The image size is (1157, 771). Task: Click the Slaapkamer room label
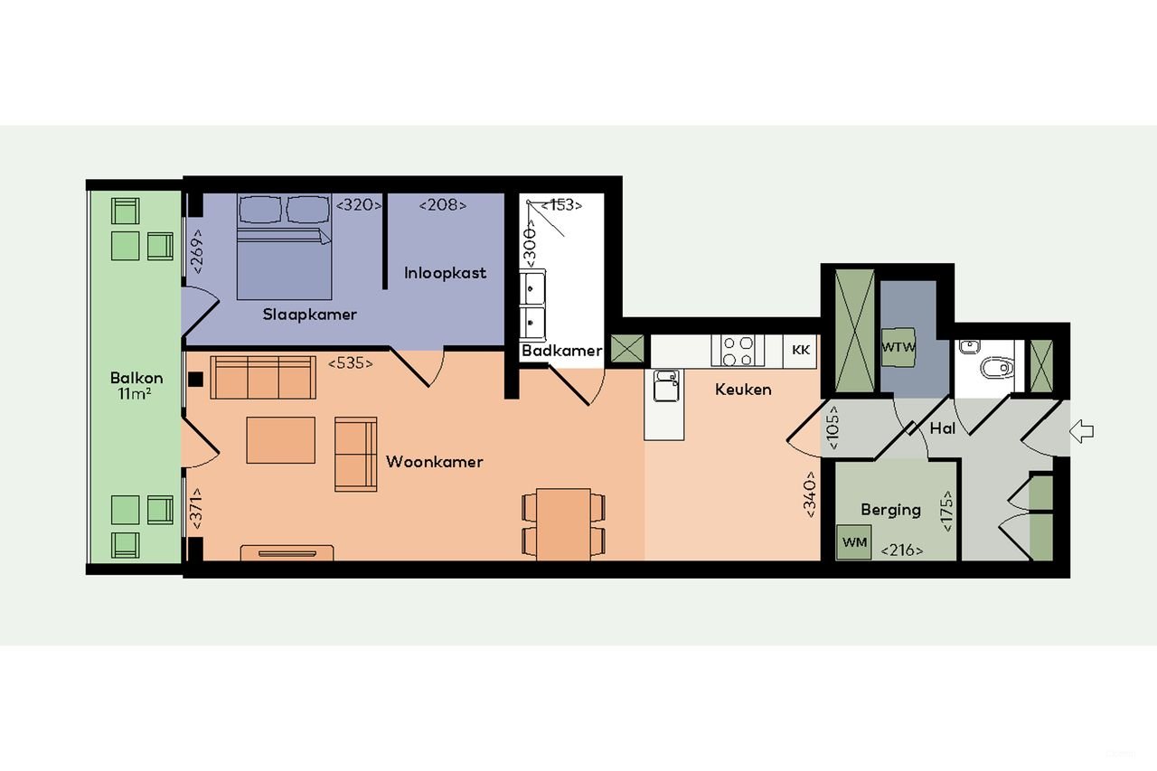(x=309, y=315)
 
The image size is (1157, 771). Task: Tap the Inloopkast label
(x=445, y=273)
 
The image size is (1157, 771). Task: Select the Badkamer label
(x=561, y=351)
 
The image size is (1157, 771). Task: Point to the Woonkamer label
(x=434, y=462)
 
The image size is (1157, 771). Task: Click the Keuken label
(x=743, y=390)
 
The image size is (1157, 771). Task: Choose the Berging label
(x=890, y=510)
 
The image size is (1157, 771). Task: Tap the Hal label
(x=942, y=429)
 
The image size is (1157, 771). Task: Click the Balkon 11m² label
(x=136, y=386)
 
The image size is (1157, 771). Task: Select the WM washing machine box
(x=853, y=542)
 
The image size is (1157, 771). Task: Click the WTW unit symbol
(x=898, y=347)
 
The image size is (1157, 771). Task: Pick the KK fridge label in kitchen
(x=800, y=350)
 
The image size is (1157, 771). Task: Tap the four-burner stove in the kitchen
(x=738, y=351)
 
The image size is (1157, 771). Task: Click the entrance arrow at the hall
(x=1081, y=432)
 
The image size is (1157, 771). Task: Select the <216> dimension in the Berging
(x=902, y=549)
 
